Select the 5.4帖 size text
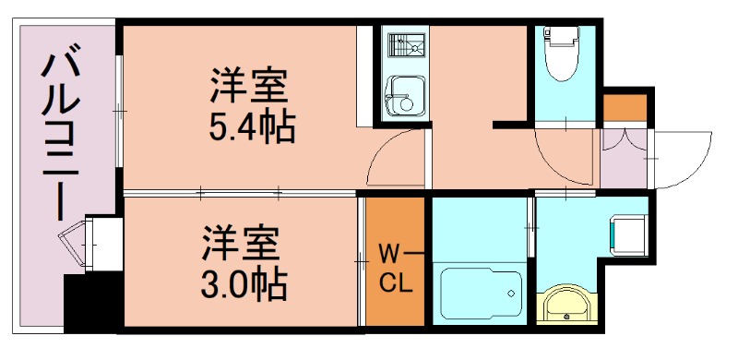point(251,126)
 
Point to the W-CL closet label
point(395,266)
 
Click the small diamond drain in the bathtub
point(509,294)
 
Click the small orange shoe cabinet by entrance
point(625,107)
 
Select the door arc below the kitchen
point(395,157)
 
